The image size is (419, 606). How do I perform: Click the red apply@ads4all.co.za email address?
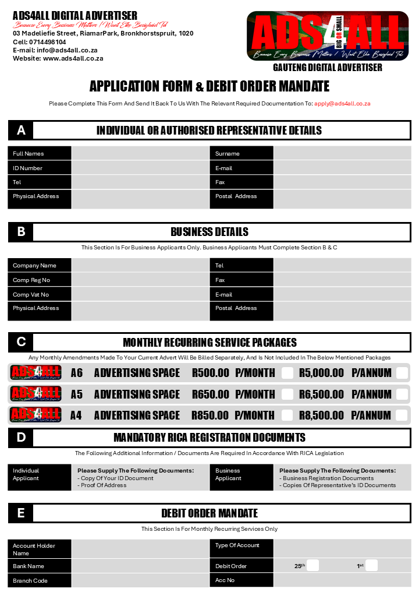coord(342,104)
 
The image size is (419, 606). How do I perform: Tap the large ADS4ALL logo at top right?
coord(328,36)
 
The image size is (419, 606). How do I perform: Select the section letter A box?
coord(21,131)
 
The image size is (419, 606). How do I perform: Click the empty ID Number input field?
coord(140,168)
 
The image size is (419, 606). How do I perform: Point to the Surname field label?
coord(228,154)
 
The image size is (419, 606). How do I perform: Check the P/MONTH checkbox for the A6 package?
coord(287,373)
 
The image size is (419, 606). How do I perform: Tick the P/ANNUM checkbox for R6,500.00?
coord(402,394)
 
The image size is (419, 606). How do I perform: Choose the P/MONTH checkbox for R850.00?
coord(287,415)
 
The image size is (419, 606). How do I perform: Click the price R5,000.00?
coord(321,373)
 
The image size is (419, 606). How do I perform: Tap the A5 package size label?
coord(77,394)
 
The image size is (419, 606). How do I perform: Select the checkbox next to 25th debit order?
coord(313,565)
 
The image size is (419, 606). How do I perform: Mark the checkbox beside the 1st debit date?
coord(372,565)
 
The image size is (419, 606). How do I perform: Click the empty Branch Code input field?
coord(140,580)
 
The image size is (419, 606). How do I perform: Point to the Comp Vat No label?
coord(31,295)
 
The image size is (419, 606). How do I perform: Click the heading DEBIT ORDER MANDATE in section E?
coord(210,513)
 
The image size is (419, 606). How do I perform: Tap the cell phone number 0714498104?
coord(47,42)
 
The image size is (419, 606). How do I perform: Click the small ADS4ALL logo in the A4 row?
coord(36,415)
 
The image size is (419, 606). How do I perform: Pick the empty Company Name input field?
coord(140,265)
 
